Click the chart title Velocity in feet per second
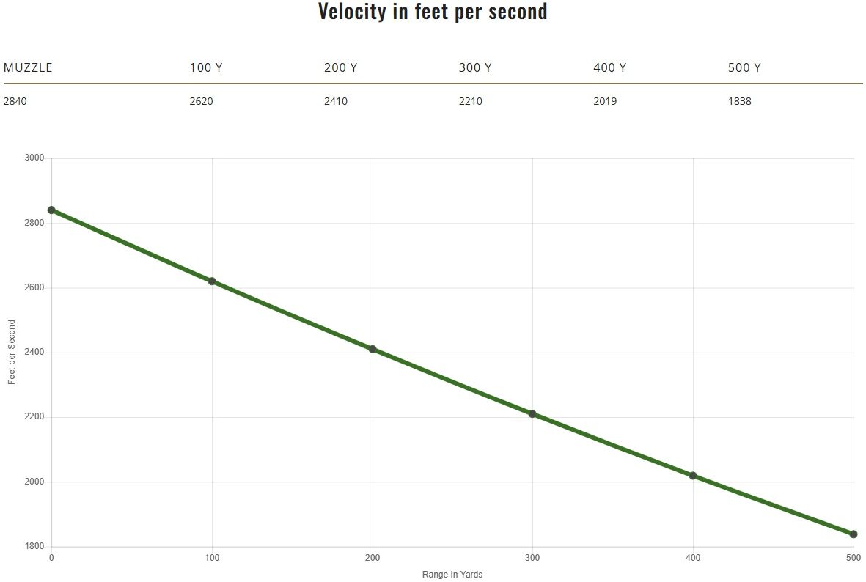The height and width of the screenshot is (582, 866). [x=433, y=12]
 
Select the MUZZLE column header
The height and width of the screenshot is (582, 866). [x=28, y=68]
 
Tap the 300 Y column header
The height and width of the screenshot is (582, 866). [x=475, y=68]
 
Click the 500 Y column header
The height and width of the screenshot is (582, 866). [x=744, y=68]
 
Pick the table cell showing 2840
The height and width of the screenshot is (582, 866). [x=15, y=101]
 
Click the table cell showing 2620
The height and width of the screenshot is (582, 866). [x=201, y=101]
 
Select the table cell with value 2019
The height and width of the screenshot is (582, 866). [x=605, y=101]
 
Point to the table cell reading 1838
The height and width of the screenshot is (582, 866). [x=739, y=101]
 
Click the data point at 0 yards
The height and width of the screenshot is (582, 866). [x=51, y=210]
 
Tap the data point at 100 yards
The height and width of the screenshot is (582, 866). [x=212, y=281]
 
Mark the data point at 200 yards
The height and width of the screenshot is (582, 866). [x=373, y=349]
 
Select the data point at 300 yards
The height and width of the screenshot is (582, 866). [x=532, y=413]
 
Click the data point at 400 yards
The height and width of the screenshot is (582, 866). [x=693, y=476]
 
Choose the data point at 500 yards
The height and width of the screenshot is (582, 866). [x=854, y=534]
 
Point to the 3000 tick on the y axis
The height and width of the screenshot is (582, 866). [x=34, y=158]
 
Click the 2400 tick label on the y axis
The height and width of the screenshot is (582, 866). [x=34, y=353]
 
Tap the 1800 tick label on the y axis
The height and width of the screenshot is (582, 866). [x=34, y=547]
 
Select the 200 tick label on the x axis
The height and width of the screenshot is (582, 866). [x=373, y=559]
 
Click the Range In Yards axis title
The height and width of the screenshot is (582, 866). [x=452, y=575]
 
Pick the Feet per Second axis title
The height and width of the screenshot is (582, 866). [x=12, y=353]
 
